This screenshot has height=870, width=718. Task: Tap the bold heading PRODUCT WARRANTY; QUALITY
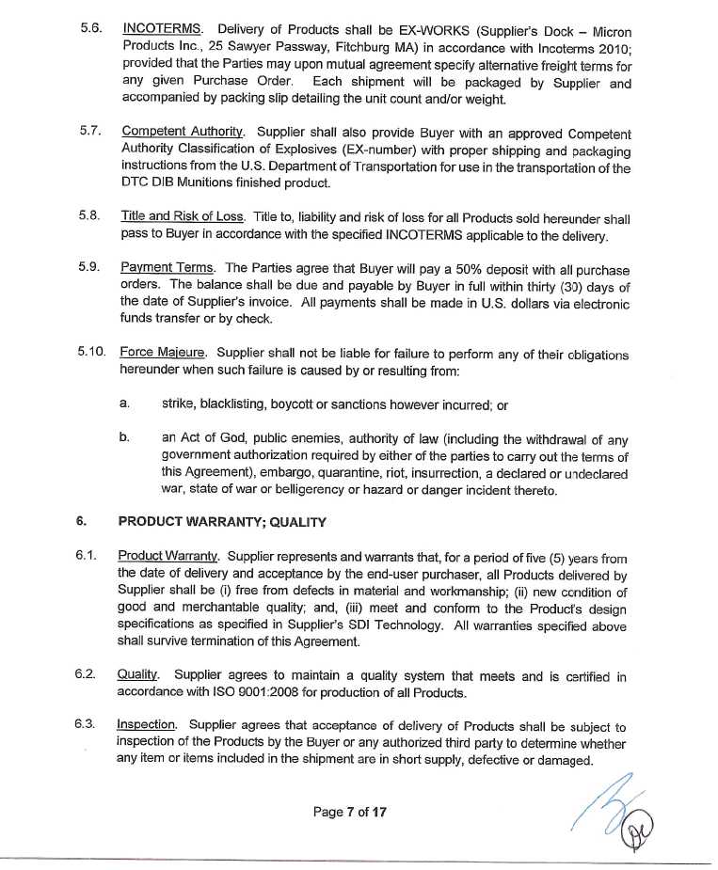pyautogui.click(x=221, y=522)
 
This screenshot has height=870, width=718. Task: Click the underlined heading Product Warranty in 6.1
pyautogui.click(x=168, y=557)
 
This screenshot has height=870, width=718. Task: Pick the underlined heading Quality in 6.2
pyautogui.click(x=138, y=675)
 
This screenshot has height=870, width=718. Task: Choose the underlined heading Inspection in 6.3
pyautogui.click(x=147, y=726)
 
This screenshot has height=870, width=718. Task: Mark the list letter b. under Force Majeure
pyautogui.click(x=124, y=438)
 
